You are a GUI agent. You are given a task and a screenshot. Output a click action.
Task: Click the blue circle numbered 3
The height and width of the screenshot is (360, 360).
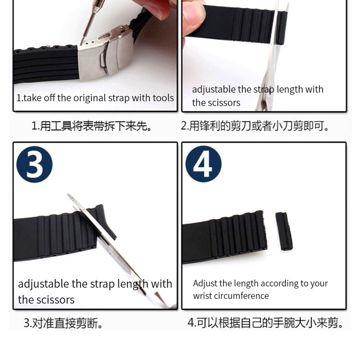(35, 164)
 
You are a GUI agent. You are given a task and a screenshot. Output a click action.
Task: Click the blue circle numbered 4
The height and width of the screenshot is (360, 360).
(203, 164)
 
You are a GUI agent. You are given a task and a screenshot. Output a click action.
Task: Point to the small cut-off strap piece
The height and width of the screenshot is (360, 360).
(284, 231)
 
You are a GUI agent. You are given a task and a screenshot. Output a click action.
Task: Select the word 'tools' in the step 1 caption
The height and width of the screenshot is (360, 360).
(163, 98)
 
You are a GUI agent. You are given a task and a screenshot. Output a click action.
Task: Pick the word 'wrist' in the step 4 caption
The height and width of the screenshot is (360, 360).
(202, 296)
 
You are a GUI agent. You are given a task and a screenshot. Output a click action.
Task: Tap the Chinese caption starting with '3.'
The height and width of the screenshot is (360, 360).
(63, 323)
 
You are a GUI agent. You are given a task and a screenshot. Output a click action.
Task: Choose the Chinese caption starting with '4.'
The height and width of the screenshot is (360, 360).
(265, 323)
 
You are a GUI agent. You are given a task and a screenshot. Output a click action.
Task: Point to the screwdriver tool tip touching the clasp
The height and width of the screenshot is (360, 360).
(81, 42)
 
